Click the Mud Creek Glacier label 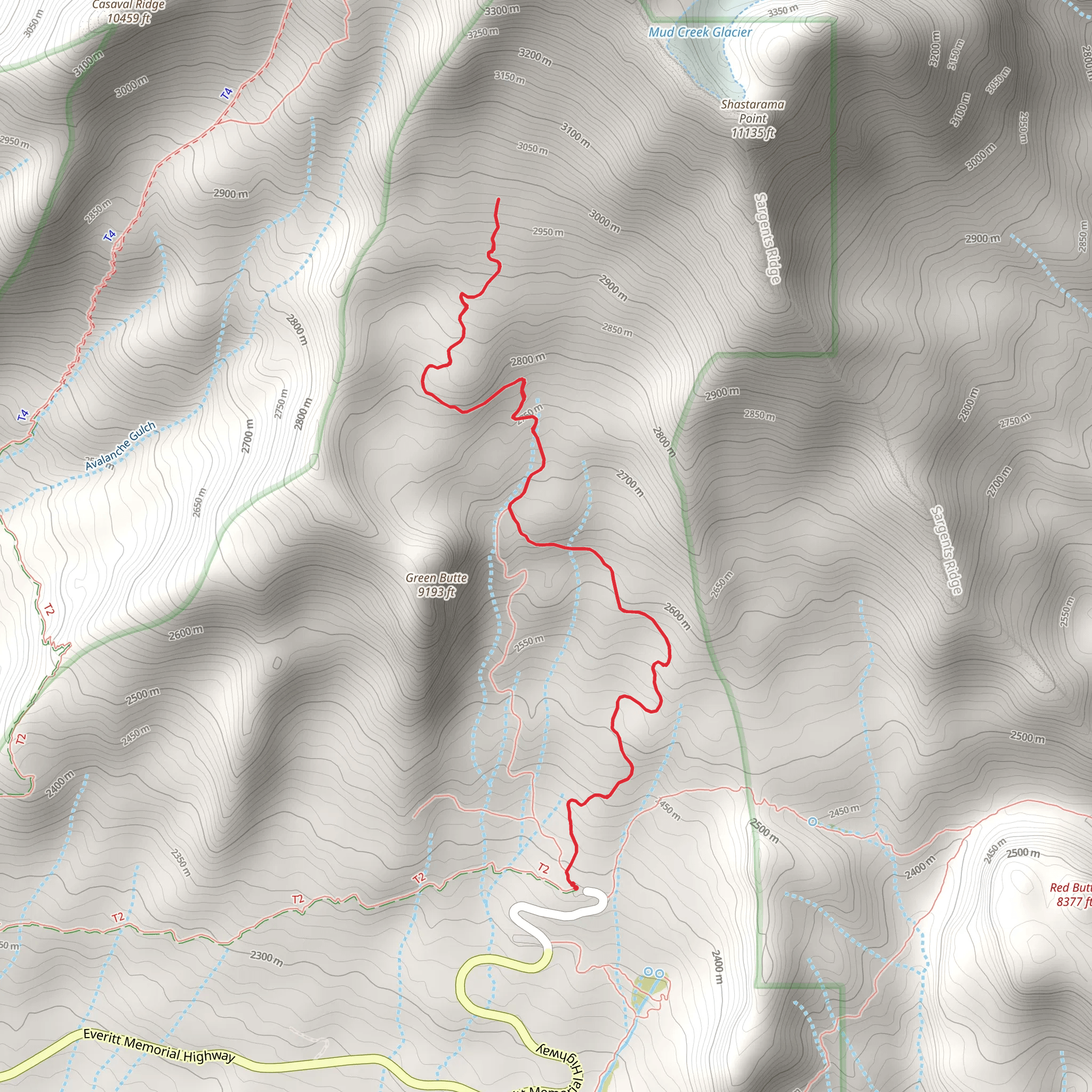(x=700, y=32)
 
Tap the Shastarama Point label (x=752, y=119)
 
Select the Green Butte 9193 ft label (x=436, y=584)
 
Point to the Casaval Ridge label (x=129, y=11)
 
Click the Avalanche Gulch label (x=120, y=446)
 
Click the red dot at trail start (x=574, y=886)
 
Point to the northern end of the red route (x=498, y=199)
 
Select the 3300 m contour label (x=502, y=10)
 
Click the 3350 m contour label (x=783, y=11)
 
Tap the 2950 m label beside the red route (x=548, y=232)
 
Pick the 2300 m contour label (x=267, y=958)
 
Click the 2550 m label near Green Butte (x=529, y=643)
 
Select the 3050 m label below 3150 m (x=533, y=148)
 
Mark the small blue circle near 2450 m (x=812, y=822)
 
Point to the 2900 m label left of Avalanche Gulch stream (x=230, y=194)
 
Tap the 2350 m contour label (x=181, y=862)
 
